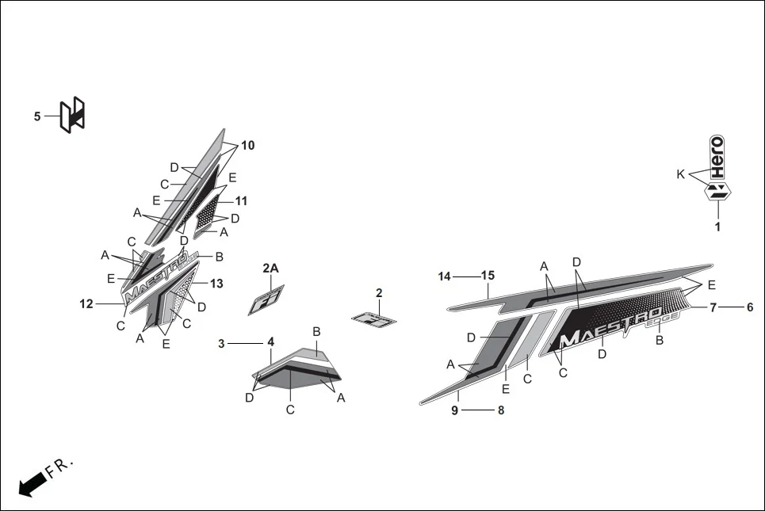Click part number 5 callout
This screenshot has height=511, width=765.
tap(37, 116)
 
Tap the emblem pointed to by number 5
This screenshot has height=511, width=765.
tap(73, 115)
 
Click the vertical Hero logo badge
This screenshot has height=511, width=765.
tap(717, 157)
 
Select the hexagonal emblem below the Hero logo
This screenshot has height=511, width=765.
tap(717, 191)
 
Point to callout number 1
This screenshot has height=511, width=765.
tap(717, 227)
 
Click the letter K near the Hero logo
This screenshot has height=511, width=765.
tap(680, 174)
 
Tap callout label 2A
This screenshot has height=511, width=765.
tap(271, 269)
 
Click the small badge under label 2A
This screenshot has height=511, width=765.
tap(266, 300)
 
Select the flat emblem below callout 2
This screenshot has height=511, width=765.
tap(373, 320)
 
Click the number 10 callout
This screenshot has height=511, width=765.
tap(247, 146)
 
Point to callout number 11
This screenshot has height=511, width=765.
tap(241, 201)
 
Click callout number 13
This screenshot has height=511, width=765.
tap(216, 284)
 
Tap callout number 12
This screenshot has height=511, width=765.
tap(86, 303)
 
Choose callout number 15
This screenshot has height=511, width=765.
tap(488, 276)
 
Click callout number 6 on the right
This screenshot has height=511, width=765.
tap(749, 307)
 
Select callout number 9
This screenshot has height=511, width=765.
tap(454, 410)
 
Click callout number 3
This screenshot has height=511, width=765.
tap(222, 343)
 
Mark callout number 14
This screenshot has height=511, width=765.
tap(444, 276)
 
